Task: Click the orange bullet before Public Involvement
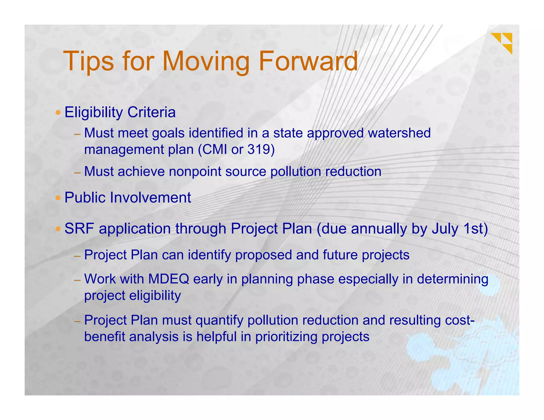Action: [58, 198]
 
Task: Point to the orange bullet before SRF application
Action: [58, 229]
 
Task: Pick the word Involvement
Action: [150, 198]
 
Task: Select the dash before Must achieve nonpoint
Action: [77, 173]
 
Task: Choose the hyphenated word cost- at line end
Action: [460, 320]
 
